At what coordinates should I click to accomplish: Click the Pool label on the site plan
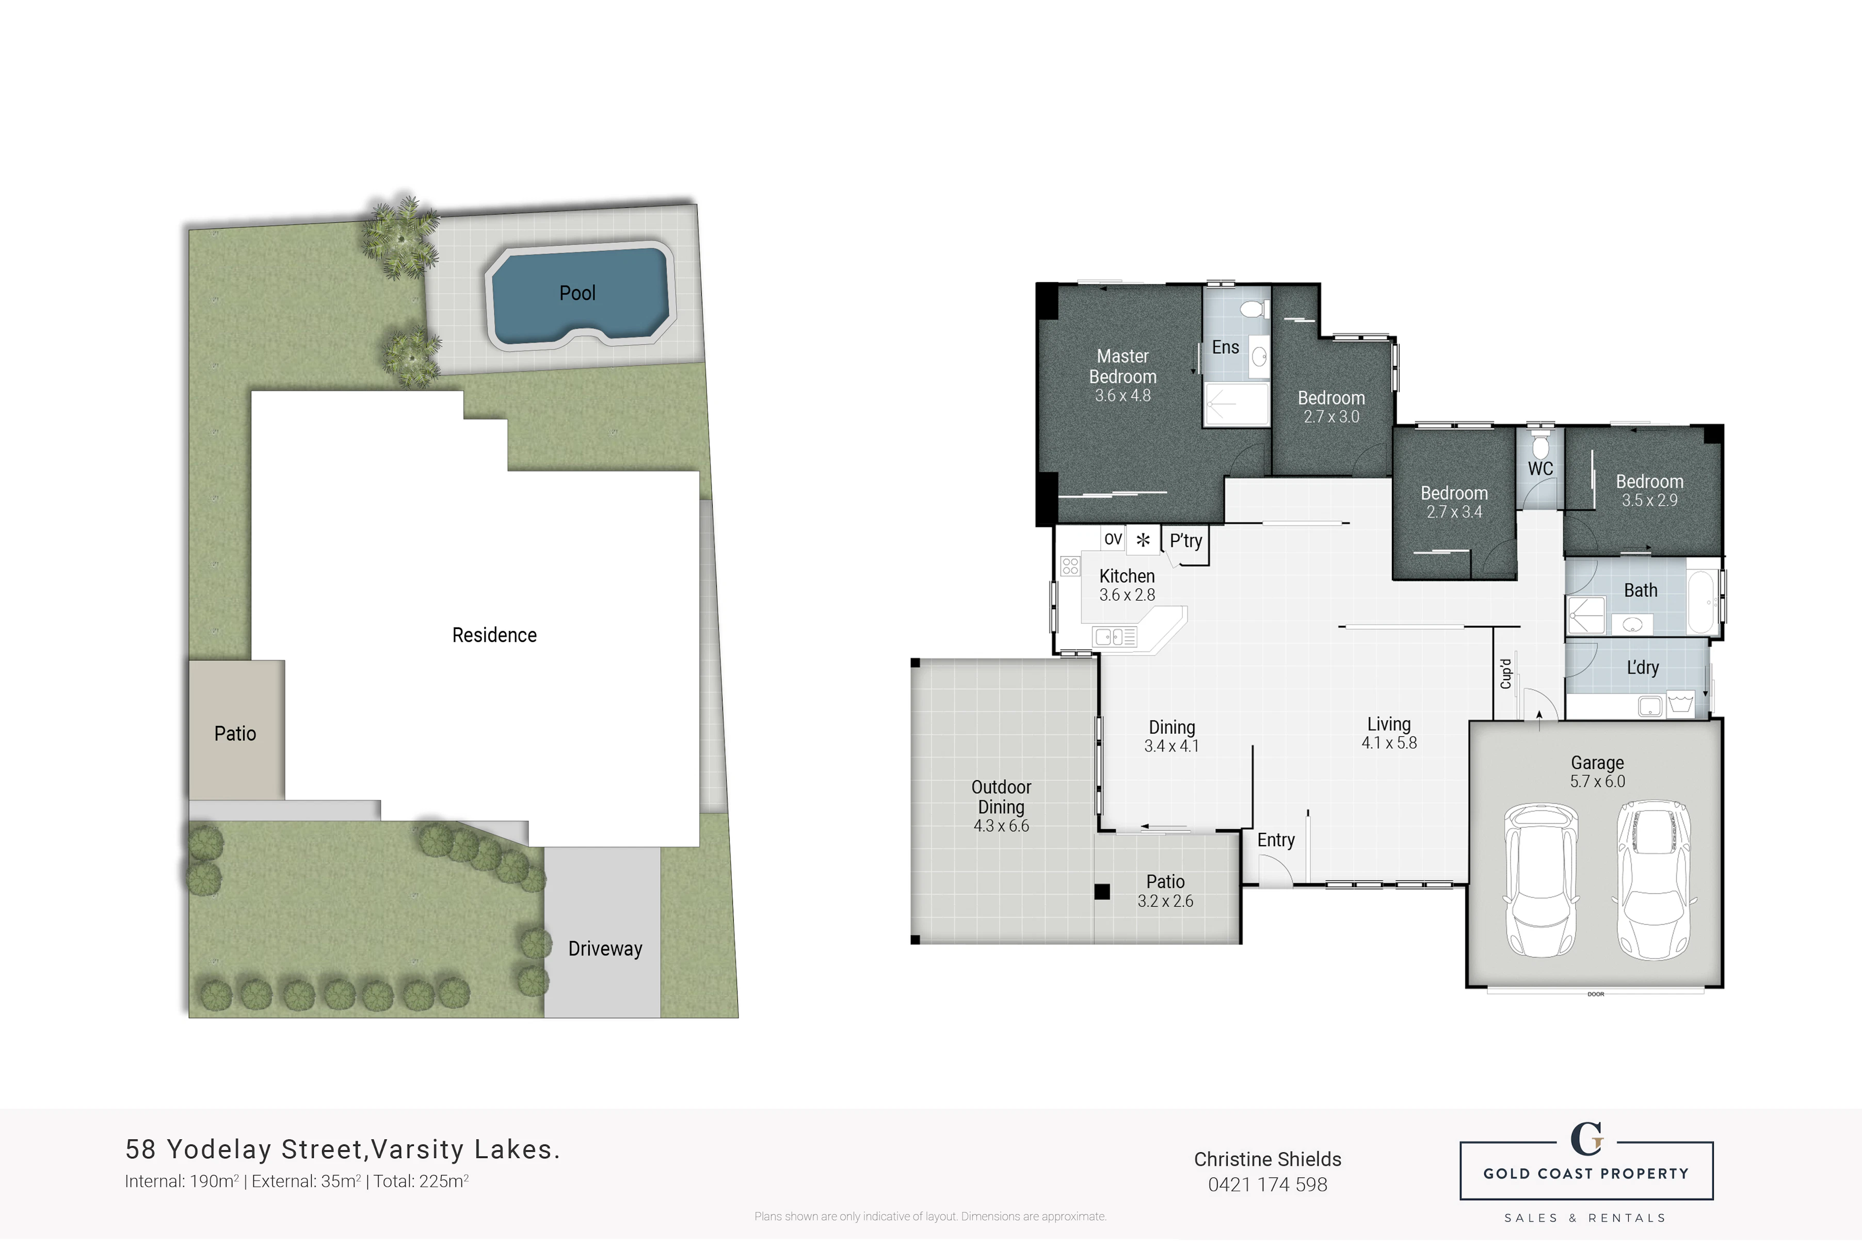[x=577, y=293]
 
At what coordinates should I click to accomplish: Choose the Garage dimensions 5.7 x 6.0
[x=1598, y=781]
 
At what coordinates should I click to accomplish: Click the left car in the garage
[x=1540, y=880]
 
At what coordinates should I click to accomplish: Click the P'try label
[x=1185, y=541]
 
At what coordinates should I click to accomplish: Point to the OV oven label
[x=1113, y=539]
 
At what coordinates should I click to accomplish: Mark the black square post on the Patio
[x=1101, y=892]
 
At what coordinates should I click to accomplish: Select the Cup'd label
[x=1505, y=673]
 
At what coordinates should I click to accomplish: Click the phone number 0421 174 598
[x=1267, y=1185]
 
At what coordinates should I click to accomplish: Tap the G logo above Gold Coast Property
[x=1586, y=1140]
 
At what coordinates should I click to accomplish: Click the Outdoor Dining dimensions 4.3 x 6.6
[x=1001, y=826]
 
